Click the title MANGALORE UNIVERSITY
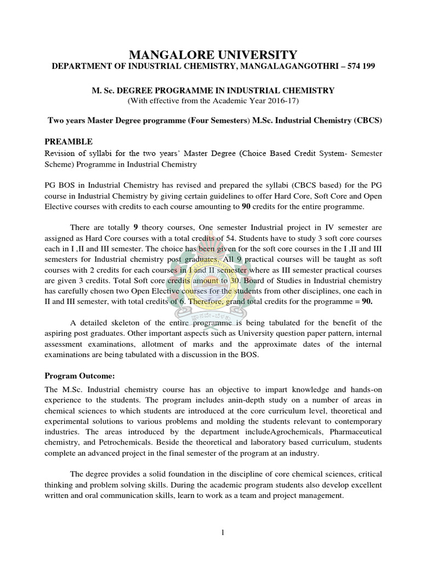pos(213,54)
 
